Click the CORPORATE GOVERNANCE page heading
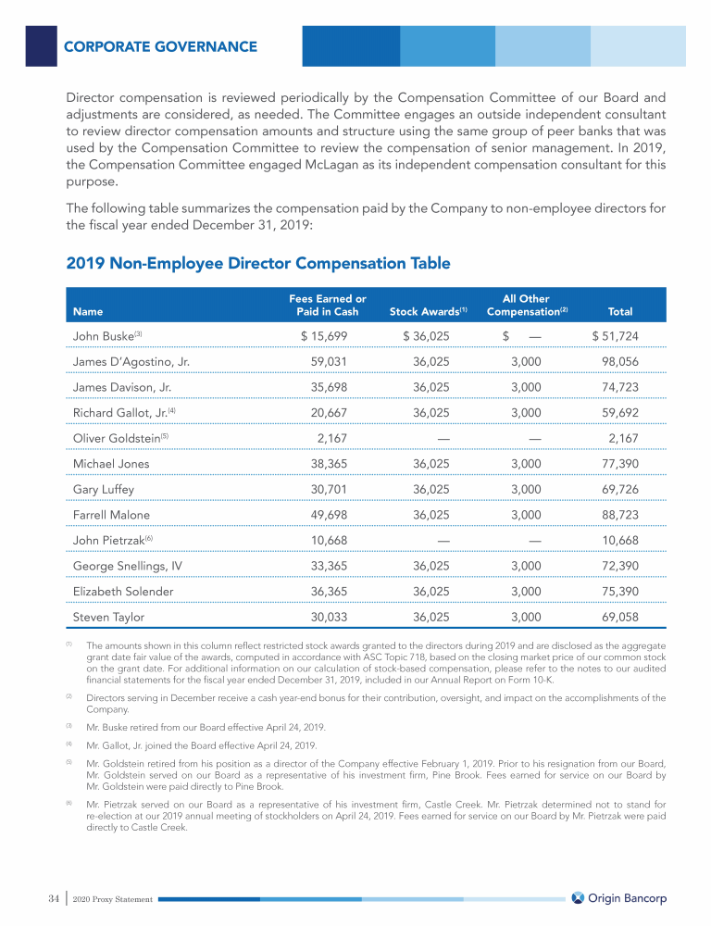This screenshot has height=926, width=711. pos(160,45)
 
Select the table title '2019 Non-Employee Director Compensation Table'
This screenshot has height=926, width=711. pos(258,264)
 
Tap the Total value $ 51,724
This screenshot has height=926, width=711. pos(615,335)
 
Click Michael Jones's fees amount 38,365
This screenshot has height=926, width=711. pos(336,463)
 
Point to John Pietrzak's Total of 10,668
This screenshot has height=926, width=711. pos(618,539)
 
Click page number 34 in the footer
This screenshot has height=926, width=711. pos(54,898)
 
